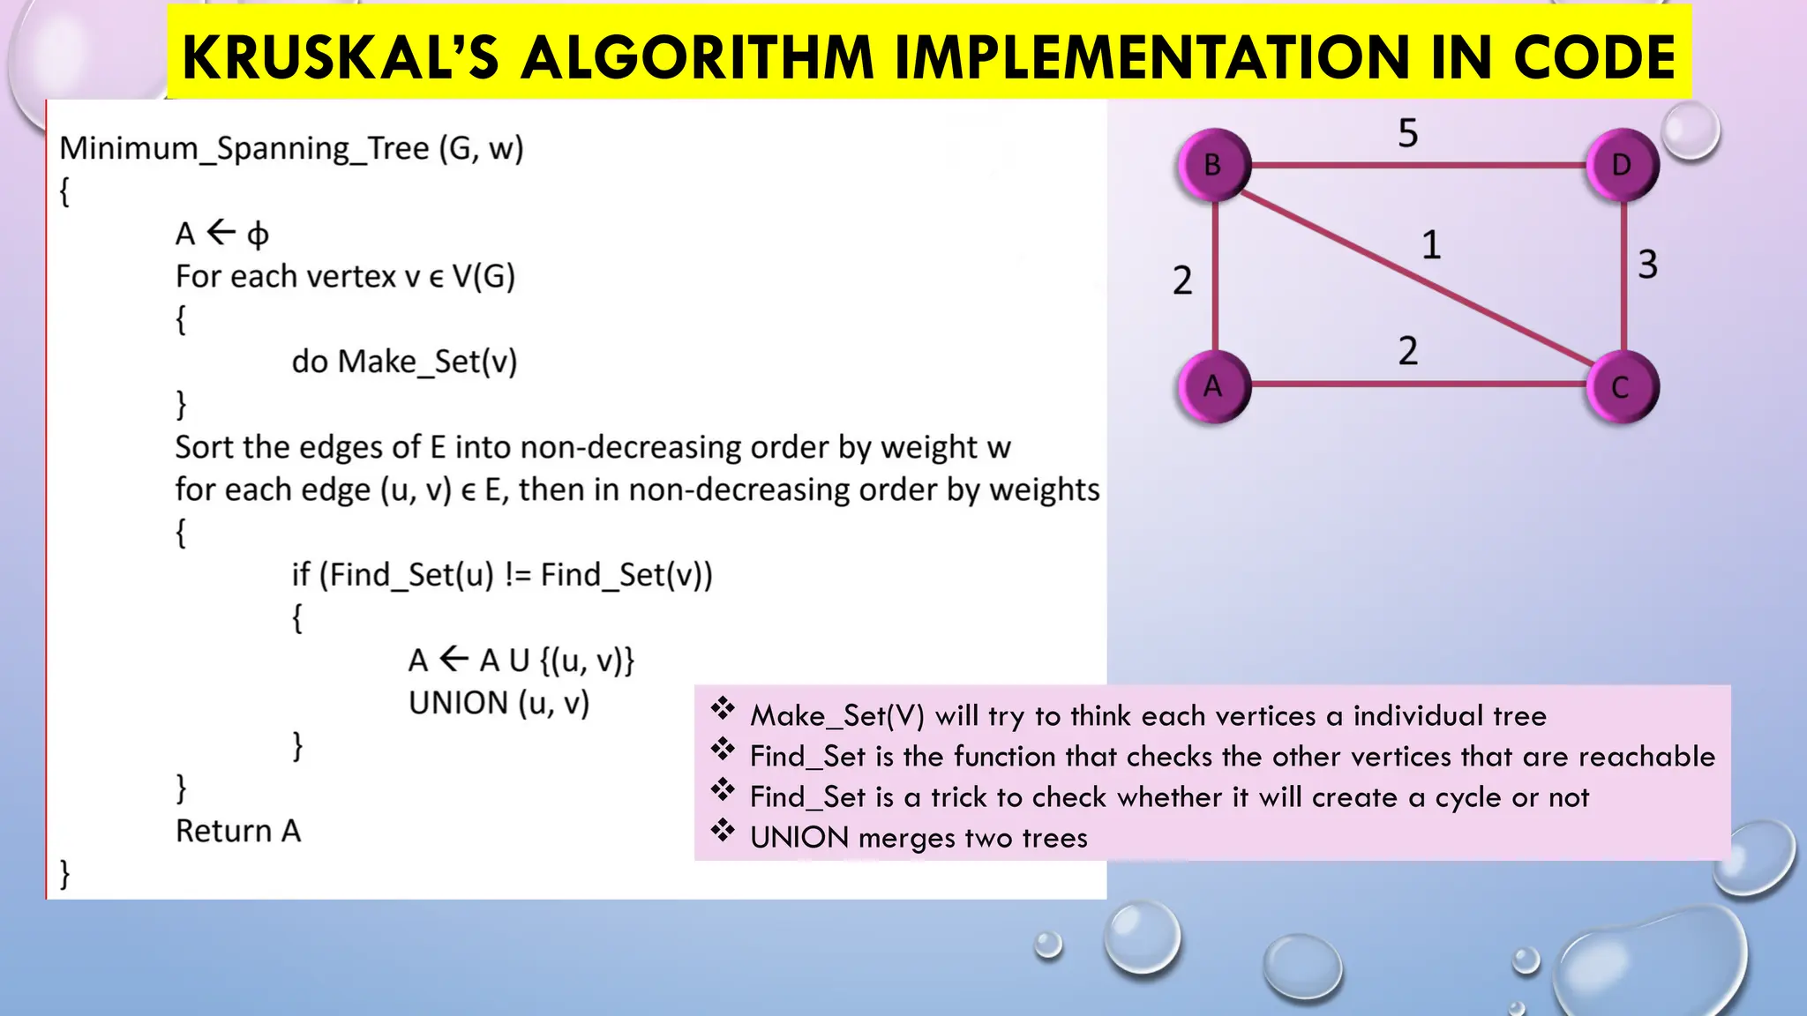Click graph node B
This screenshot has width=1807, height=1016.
click(1214, 165)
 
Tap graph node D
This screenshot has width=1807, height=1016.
click(1622, 165)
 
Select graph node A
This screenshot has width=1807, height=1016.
click(1214, 386)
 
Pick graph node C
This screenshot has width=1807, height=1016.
click(1622, 386)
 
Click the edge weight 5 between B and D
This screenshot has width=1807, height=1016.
click(1408, 133)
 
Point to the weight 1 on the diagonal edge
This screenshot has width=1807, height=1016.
click(1431, 245)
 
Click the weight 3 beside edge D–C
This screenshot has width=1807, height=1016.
click(1647, 265)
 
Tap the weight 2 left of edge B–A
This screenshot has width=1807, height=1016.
click(1182, 280)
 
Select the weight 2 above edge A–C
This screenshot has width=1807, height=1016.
click(1408, 351)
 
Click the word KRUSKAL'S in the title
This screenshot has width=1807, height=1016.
click(341, 57)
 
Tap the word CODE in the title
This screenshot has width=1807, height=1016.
click(1594, 57)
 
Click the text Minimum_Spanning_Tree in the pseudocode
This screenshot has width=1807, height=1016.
click(244, 148)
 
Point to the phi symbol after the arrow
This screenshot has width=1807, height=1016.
click(258, 235)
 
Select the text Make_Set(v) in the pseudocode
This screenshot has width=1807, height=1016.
click(428, 362)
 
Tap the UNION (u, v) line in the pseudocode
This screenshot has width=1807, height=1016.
click(499, 703)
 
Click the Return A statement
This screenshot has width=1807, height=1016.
click(238, 831)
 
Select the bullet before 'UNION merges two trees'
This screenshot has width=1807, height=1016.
click(723, 831)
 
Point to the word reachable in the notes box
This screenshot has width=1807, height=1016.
click(1646, 757)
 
